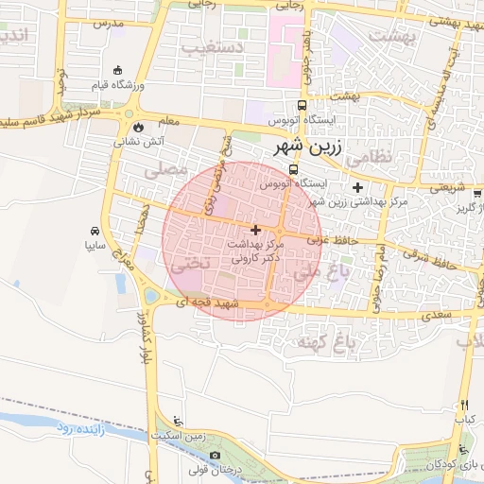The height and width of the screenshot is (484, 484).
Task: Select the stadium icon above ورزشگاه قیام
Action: [x=117, y=69]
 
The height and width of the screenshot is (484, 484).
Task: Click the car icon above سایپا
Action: [x=95, y=231]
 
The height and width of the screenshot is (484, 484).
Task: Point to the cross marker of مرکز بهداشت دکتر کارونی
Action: [x=255, y=230]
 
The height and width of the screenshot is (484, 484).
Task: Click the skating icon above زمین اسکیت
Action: [x=181, y=422]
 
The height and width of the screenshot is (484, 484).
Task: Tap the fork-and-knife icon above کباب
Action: [x=463, y=405]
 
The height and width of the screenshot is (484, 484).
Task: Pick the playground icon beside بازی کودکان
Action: [x=460, y=450]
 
